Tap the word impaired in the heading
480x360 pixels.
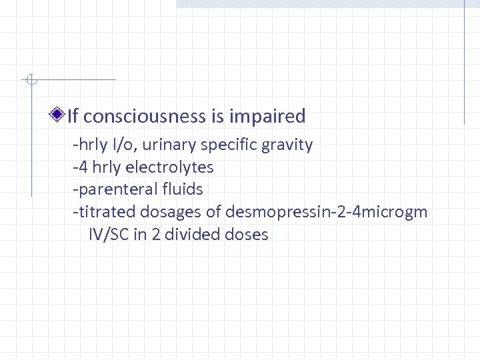[267, 117]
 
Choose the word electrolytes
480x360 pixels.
[173, 167]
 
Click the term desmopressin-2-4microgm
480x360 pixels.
[327, 212]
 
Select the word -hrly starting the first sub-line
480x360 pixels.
[90, 144]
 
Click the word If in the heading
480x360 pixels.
[73, 117]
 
